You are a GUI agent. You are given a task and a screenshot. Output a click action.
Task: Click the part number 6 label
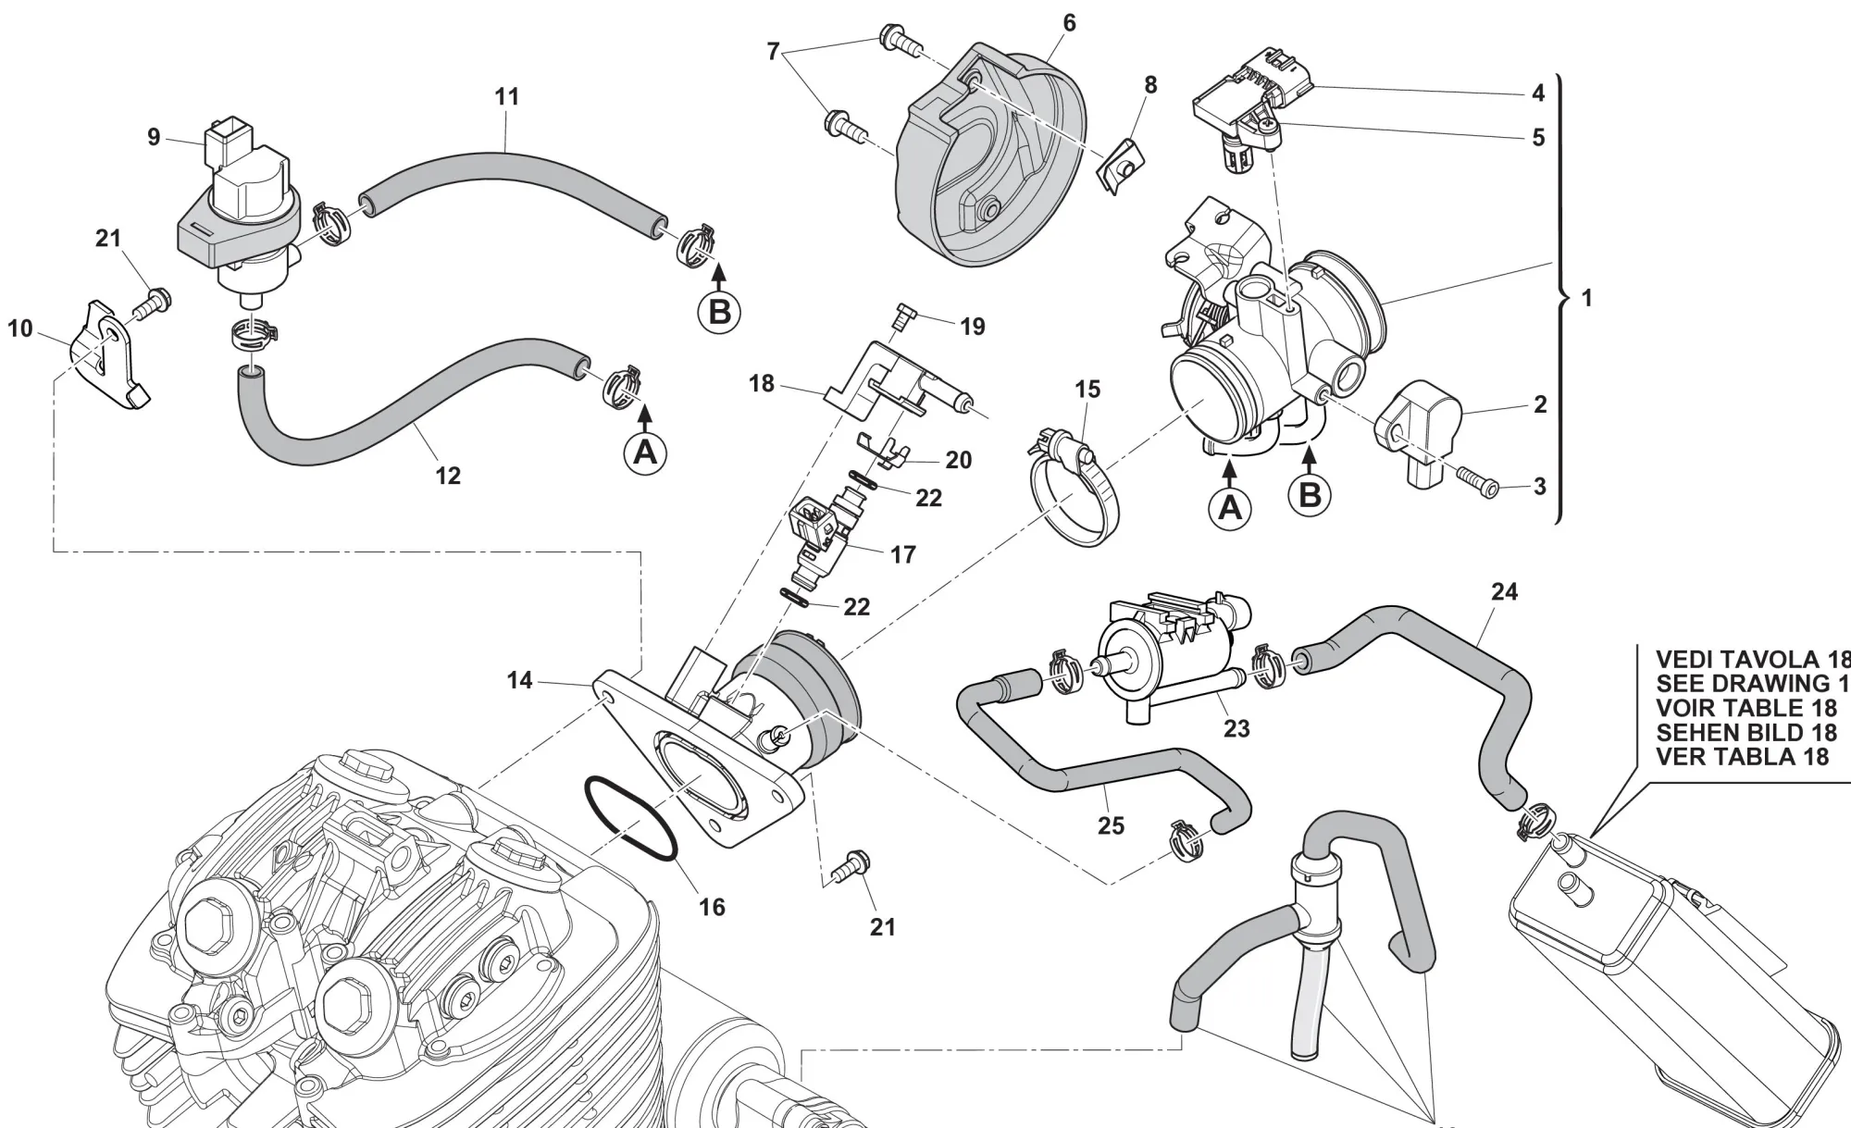[x=1069, y=23]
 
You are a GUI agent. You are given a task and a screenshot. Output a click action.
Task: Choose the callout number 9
[x=154, y=138]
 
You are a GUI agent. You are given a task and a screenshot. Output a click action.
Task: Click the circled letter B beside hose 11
[x=719, y=312]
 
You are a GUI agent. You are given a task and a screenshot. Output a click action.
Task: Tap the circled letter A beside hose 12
[x=645, y=452]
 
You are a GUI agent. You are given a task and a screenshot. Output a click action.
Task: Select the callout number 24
[x=1504, y=591]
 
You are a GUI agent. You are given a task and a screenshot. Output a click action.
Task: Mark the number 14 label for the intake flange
[x=519, y=681]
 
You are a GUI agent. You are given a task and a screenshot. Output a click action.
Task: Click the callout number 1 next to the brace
[x=1587, y=298]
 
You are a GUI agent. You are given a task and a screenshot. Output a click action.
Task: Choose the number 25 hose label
[x=1111, y=824]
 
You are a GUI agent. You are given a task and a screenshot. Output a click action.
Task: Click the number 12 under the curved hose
[x=448, y=476]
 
